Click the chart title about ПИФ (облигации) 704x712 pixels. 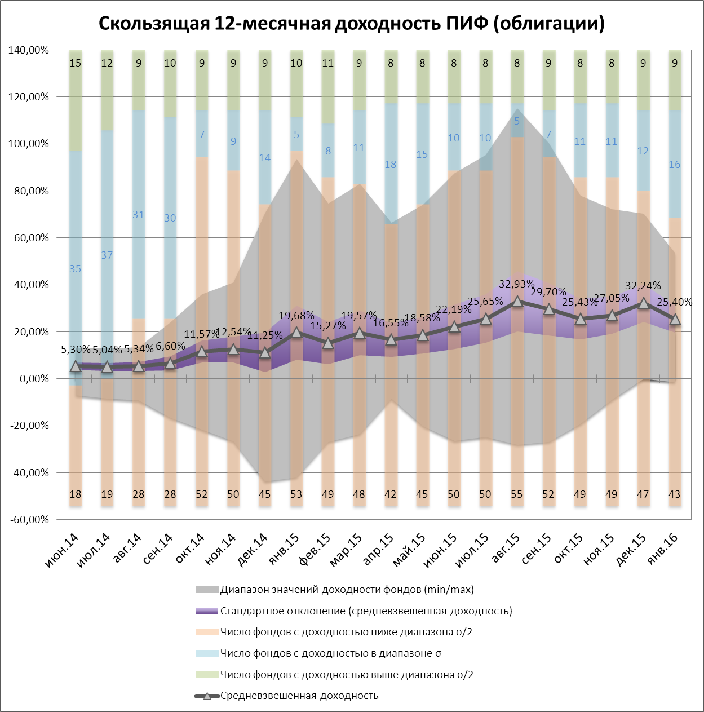pos(352,23)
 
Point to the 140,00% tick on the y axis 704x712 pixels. pos(28,50)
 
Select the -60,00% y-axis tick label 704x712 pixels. pos(28,519)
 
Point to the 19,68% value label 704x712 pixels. pos(296,315)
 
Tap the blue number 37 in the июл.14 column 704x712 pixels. pos(107,255)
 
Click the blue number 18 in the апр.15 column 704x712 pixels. pos(391,165)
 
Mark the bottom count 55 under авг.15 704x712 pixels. pos(517,494)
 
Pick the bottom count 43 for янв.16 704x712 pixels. pos(675,494)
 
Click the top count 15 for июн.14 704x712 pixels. pos(76,63)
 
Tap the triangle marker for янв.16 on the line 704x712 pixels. pos(675,320)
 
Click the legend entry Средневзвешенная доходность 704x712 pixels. pos(299,696)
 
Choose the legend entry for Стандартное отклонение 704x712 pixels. pos(366,611)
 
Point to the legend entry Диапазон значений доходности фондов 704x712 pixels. pos(347,590)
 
